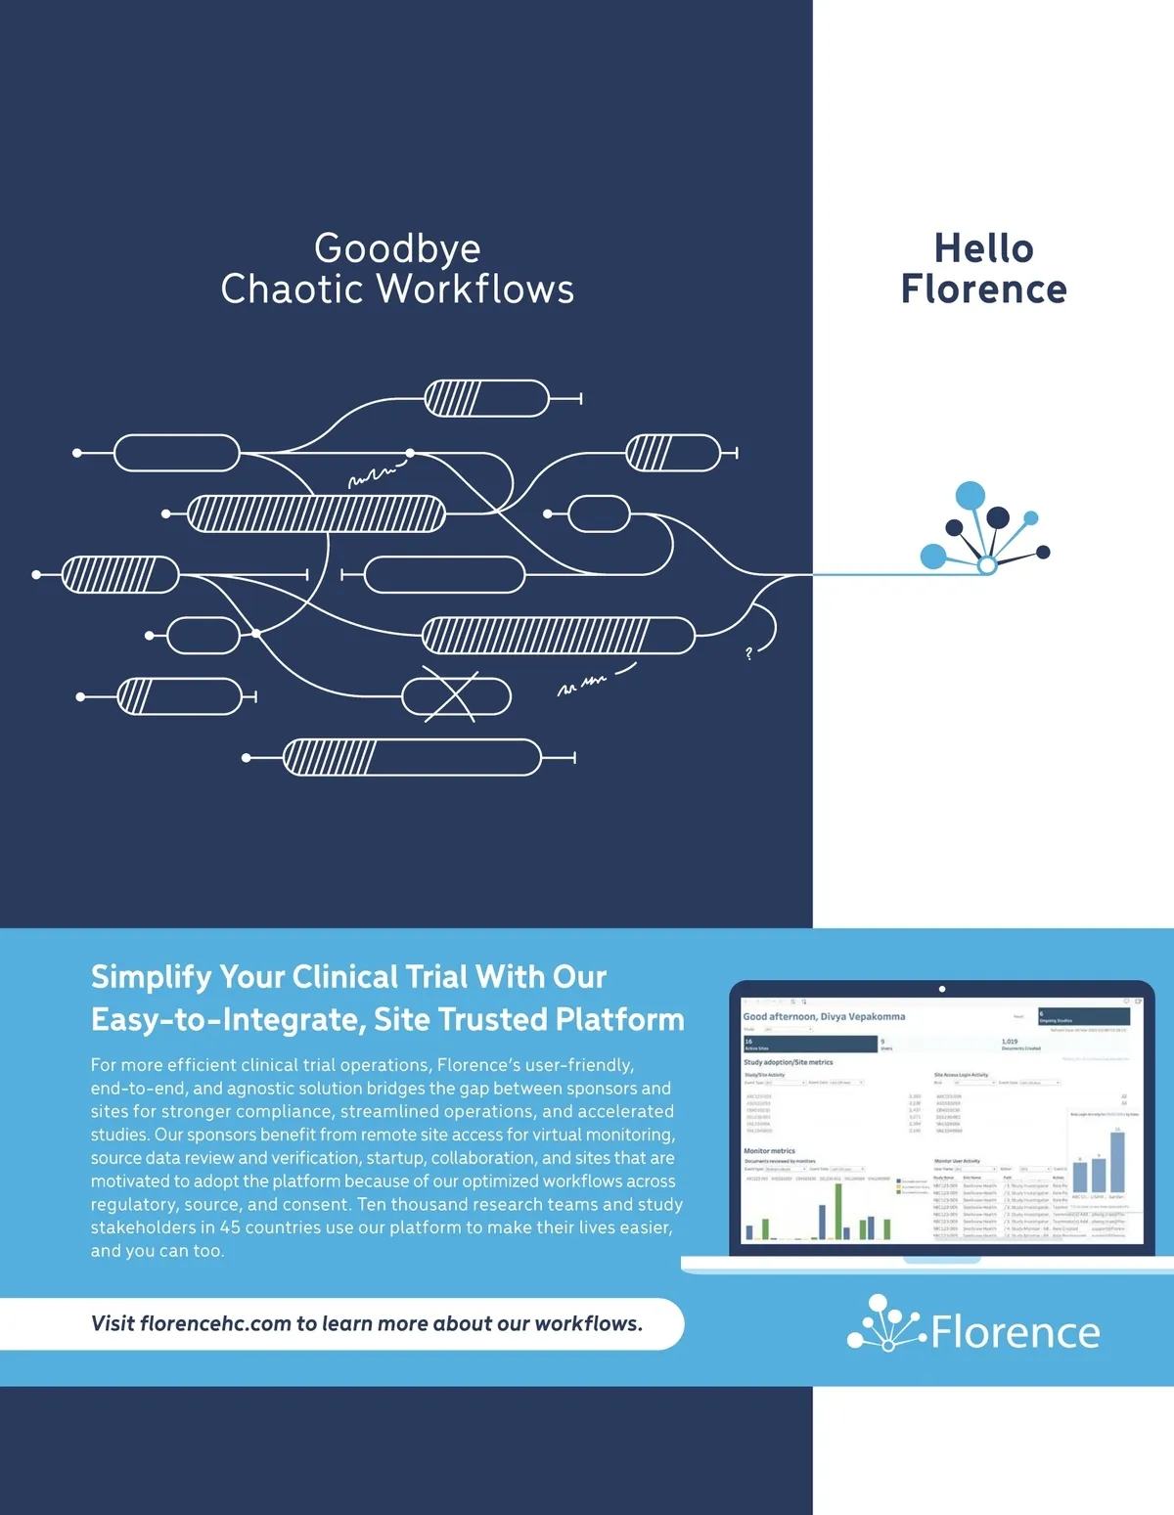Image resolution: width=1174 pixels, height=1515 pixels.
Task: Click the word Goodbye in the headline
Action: pos(397,249)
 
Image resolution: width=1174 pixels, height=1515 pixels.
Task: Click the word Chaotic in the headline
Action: pos(293,290)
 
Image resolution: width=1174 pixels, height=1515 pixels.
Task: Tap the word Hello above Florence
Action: pos(983,249)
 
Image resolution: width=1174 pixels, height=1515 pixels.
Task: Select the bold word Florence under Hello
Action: pos(983,290)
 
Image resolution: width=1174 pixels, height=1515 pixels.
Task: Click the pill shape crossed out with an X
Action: pos(456,696)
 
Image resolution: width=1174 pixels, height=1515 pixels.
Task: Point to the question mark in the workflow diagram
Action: pos(749,653)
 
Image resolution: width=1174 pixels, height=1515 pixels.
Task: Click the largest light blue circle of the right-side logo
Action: pos(970,496)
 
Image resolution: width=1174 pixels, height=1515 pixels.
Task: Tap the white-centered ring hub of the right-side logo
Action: pos(987,565)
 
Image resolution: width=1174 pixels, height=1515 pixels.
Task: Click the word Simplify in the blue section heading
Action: pos(151,977)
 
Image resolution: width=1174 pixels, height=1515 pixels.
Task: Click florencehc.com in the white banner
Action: pos(215,1323)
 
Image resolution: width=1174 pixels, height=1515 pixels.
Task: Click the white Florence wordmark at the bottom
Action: pos(1016,1332)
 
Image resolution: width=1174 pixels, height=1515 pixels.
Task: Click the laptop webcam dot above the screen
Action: pos(942,989)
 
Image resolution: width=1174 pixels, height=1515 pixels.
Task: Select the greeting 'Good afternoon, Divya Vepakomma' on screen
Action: pos(824,1016)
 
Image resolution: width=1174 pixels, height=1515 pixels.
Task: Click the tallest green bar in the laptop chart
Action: pos(837,1211)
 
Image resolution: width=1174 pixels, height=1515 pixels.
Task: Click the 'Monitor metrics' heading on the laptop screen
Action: pos(769,1151)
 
